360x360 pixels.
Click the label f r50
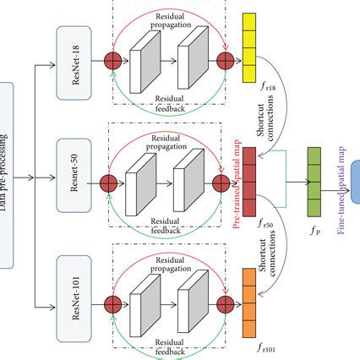coord(267,225)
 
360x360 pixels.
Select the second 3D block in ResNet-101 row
coord(191,303)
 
